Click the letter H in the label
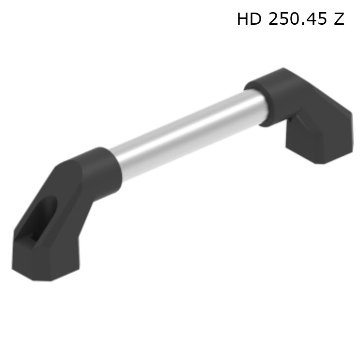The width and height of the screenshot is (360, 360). (243, 19)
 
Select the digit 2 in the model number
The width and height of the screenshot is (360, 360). (273, 18)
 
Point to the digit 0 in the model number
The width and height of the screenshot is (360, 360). (294, 19)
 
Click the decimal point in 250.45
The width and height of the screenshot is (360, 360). (303, 23)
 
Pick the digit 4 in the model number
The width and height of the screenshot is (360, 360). (312, 19)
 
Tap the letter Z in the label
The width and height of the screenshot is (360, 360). (339, 19)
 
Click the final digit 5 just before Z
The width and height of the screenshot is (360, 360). (322, 19)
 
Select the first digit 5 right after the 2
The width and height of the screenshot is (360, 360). (284, 19)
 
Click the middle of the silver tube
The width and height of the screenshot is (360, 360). (188, 134)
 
